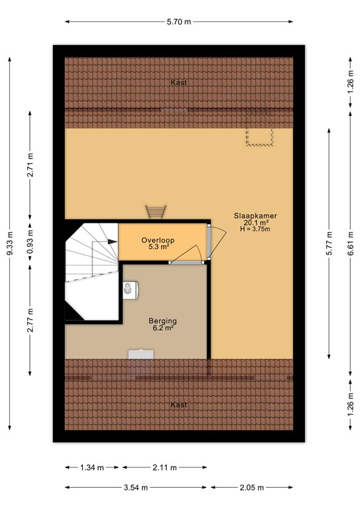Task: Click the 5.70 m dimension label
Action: click(178, 22)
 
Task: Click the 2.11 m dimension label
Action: click(164, 467)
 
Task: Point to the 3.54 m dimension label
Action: click(138, 488)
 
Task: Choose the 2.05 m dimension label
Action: click(251, 488)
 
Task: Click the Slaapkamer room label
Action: click(255, 215)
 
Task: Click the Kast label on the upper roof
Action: click(178, 82)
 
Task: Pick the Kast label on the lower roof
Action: click(178, 404)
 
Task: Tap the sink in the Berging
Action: click(129, 289)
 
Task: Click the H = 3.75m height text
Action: click(255, 230)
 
